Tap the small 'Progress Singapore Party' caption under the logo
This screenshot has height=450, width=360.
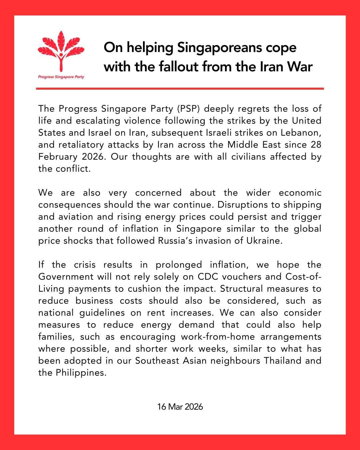click(61, 77)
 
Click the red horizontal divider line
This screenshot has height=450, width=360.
click(180, 89)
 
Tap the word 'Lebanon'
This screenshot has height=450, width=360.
click(301, 133)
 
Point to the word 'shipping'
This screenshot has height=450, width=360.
click(302, 205)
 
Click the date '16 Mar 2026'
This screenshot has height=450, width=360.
click(180, 407)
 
